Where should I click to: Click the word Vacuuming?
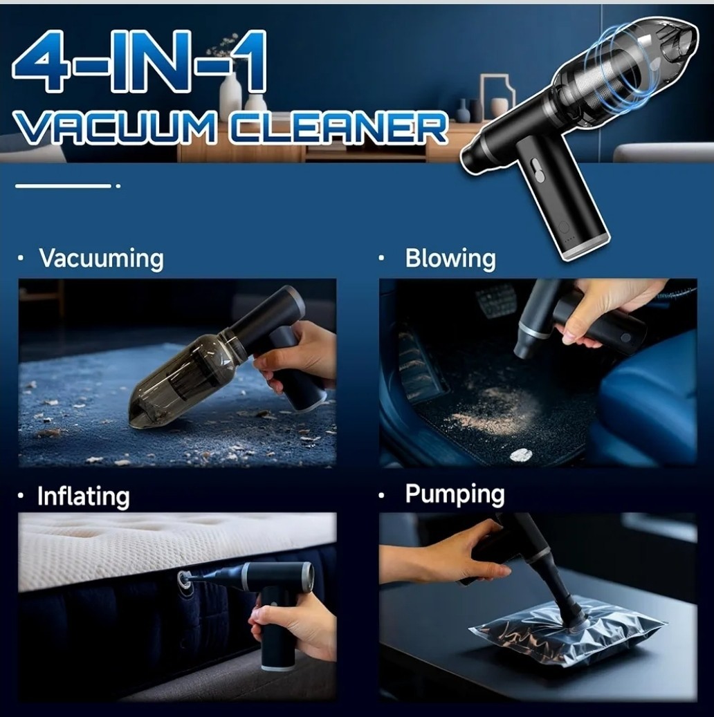[101, 258]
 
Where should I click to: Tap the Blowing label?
[450, 259]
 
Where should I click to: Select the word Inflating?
[83, 496]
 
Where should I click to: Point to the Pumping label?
[455, 494]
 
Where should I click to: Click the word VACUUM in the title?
[125, 130]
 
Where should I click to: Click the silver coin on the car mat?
[520, 454]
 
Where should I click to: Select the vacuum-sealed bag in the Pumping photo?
[567, 633]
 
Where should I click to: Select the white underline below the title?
[64, 185]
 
